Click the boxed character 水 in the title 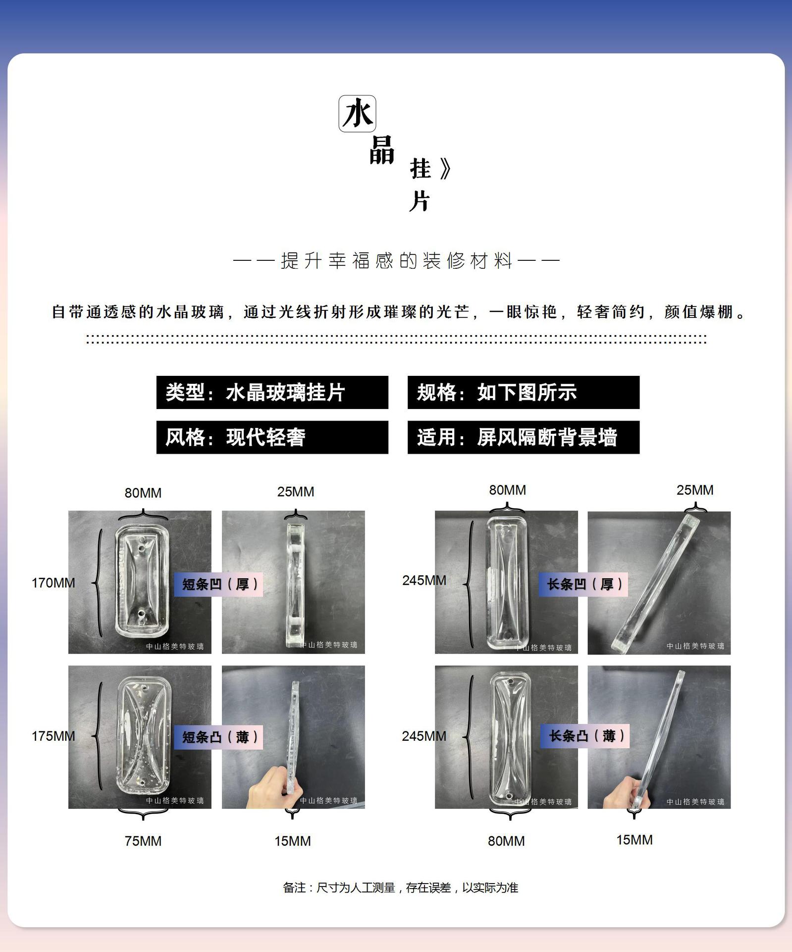[357, 114]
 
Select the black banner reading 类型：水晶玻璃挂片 [272, 392]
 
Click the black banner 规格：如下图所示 [523, 392]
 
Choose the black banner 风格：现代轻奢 [272, 437]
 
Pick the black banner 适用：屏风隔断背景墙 [523, 437]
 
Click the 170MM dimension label [53, 583]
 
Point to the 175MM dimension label [53, 736]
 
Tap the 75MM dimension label [143, 841]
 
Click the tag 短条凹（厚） [218, 584]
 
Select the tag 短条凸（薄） [218, 737]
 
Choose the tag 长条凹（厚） [583, 584]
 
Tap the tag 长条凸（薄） [584, 736]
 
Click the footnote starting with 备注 [400, 888]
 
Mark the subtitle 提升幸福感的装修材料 [396, 261]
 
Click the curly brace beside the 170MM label [99, 583]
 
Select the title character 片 [419, 201]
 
